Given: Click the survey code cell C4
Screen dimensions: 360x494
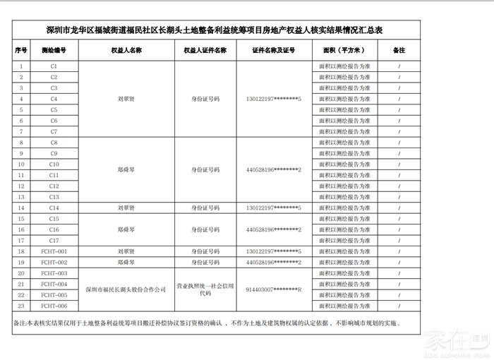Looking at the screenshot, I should pyautogui.click(x=54, y=99).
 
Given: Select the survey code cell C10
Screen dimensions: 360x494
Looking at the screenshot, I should pyautogui.click(x=54, y=164).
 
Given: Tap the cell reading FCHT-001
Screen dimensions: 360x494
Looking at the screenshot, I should pyautogui.click(x=54, y=251).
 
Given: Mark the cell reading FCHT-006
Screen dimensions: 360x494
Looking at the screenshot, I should pyautogui.click(x=54, y=306).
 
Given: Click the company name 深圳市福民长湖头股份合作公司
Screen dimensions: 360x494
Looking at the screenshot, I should pyautogui.click(x=126, y=289).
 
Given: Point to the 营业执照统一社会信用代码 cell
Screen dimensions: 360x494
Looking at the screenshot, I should pyautogui.click(x=205, y=289).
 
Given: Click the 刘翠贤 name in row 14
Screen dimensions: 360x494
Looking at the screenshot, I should pyautogui.click(x=126, y=208).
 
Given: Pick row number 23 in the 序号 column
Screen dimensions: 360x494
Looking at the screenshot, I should pyautogui.click(x=21, y=306).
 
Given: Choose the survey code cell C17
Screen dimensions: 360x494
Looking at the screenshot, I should pyautogui.click(x=54, y=241).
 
